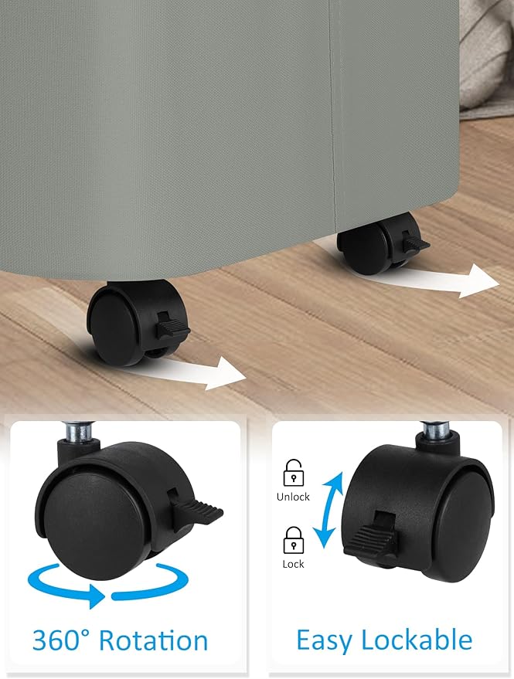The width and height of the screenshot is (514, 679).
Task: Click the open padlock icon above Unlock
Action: tap(293, 473)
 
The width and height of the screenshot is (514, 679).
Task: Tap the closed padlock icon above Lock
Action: tap(293, 540)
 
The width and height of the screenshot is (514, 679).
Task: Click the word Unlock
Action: tap(293, 497)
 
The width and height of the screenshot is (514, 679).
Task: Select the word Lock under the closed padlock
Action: tap(293, 564)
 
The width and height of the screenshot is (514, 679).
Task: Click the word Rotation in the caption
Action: tap(153, 640)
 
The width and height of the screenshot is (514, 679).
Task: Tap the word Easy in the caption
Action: tap(324, 641)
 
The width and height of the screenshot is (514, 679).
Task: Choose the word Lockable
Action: tap(417, 640)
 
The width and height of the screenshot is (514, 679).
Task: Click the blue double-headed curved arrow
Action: tap(328, 510)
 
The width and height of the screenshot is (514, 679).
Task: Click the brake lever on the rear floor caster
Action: tap(415, 243)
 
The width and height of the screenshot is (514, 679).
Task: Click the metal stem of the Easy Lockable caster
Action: tap(436, 431)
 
